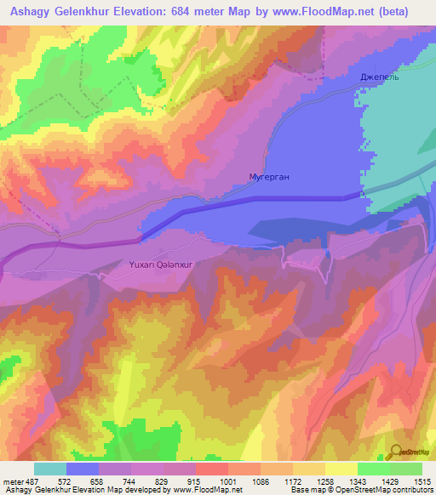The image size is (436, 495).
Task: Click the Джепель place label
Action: tap(379, 77)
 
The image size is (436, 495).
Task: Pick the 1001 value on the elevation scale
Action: tap(228, 481)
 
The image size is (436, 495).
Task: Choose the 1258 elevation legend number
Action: tap(325, 481)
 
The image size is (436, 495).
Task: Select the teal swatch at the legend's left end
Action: tap(50, 469)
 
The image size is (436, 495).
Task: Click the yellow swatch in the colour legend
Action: tap(341, 469)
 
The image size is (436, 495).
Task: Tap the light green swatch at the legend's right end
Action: tap(405, 469)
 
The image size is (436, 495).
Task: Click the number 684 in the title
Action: tap(196, 12)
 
